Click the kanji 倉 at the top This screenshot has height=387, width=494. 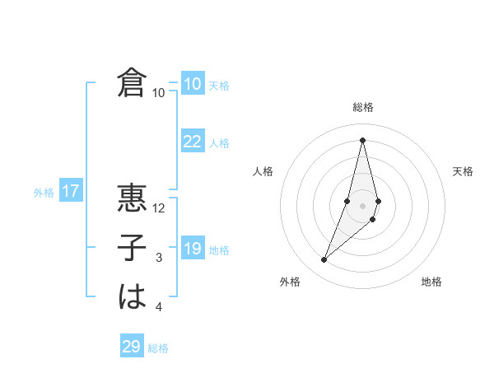coord(132,82)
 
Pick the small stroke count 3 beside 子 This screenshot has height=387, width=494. coord(159,258)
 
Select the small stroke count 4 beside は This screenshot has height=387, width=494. coord(159,308)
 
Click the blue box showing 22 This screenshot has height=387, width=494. coord(192,142)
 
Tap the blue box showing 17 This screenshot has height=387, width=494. coord(70,192)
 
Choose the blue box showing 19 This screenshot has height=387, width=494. coord(192,249)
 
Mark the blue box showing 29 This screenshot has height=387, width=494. coord(132,347)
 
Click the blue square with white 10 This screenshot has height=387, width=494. coord(192,84)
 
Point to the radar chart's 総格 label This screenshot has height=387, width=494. coord(362,107)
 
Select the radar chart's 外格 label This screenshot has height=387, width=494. coord(290,282)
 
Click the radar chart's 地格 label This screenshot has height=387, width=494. coord(431,282)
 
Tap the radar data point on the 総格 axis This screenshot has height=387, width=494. coord(362,139)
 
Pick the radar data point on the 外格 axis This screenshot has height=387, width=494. coord(324,259)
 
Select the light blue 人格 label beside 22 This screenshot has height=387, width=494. coord(219,143)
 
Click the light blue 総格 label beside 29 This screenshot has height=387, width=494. coord(158,348)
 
